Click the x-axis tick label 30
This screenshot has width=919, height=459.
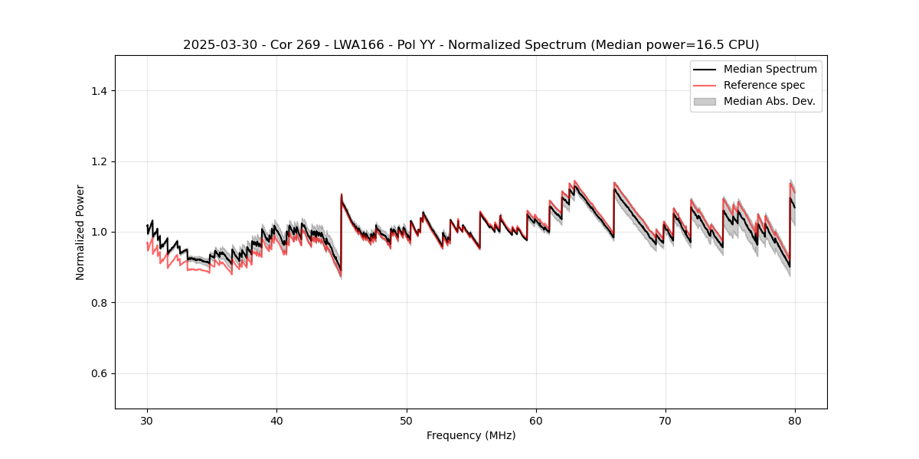point(147,421)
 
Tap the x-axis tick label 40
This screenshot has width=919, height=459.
point(276,421)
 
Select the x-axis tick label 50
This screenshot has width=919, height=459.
point(407,421)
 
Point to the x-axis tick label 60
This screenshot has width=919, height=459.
point(536,421)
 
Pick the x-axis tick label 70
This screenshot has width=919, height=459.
point(666,421)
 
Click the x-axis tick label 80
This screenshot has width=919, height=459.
point(795,421)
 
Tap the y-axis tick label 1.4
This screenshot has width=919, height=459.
point(99,91)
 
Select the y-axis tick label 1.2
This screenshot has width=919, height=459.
point(99,161)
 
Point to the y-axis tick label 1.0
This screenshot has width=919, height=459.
point(99,232)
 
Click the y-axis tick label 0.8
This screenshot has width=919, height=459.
point(99,303)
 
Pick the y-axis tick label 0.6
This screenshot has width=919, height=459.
point(99,373)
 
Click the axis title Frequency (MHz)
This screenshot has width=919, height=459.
point(471,435)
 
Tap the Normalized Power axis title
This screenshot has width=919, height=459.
point(80,232)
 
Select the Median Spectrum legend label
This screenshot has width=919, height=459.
point(770,70)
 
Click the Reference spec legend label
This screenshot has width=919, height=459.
point(764,85)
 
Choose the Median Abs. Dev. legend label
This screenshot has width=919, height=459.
point(769,101)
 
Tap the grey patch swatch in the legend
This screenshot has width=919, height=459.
point(705,101)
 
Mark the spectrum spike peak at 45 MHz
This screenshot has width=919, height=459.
point(342,194)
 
